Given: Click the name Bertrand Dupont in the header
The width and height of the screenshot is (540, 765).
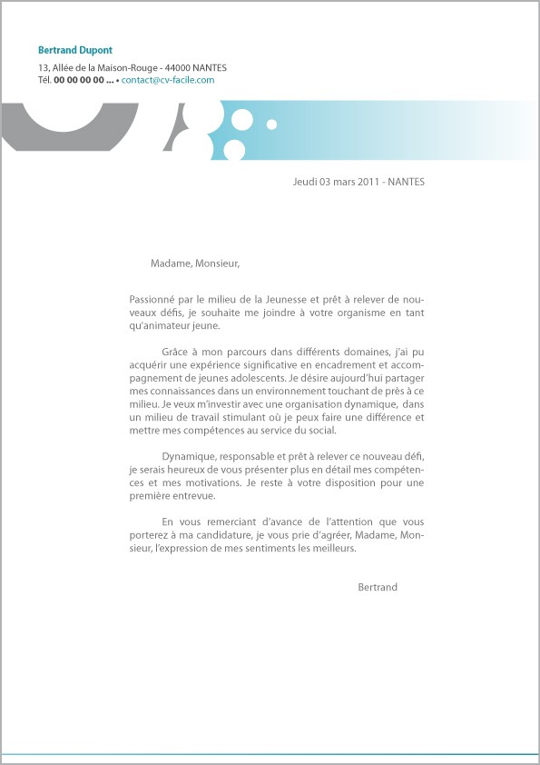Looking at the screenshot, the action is coord(75,50).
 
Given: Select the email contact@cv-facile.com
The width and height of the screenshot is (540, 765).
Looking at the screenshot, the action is coord(168,80).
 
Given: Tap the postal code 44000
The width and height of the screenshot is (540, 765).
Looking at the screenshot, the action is coord(178,67).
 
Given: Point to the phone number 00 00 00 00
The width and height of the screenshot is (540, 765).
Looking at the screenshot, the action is coord(79,80).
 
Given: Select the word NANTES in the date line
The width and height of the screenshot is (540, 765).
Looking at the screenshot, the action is coord(406,182).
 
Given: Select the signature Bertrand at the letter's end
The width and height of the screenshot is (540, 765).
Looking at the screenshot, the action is coord(378,588).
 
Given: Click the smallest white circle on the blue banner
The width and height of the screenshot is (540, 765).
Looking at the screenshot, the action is coord(271,124).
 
